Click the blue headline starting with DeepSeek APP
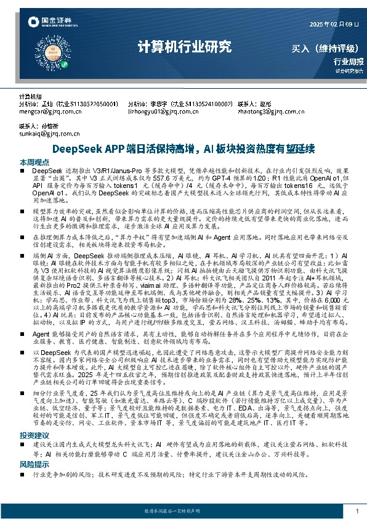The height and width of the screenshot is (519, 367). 183,149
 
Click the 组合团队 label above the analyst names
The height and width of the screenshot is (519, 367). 30,97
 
